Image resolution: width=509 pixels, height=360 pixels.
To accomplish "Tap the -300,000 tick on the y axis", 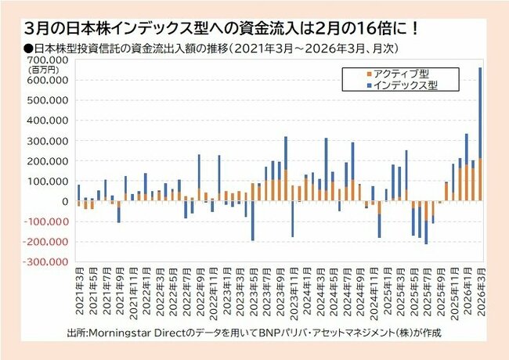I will coord(49,262).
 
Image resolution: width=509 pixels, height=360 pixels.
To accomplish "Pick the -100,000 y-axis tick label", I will coord(49,221).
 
